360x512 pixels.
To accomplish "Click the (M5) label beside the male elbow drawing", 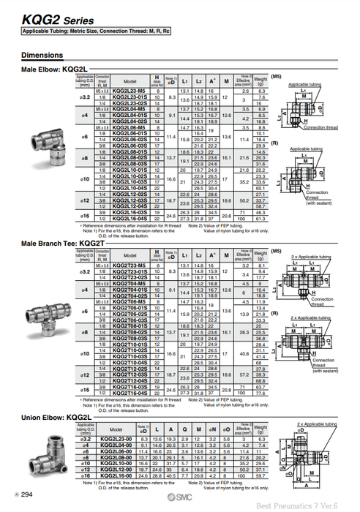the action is (276, 75).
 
